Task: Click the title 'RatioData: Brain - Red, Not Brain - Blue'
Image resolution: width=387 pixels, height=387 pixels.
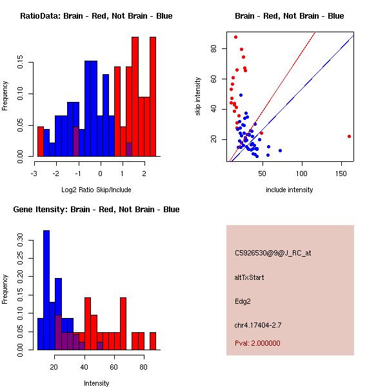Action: [96, 16]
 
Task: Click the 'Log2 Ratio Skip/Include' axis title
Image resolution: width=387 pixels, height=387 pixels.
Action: [95, 190]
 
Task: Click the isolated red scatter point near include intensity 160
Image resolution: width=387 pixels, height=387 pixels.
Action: [349, 136]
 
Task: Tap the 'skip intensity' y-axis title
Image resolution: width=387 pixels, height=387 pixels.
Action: [199, 97]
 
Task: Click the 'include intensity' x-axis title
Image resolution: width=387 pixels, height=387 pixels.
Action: [289, 190]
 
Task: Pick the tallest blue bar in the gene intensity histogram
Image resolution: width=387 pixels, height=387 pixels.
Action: [46, 290]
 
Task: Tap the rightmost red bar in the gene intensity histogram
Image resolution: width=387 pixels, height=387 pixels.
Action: [153, 341]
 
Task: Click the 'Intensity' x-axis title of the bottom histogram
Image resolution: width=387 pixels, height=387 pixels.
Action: [96, 383]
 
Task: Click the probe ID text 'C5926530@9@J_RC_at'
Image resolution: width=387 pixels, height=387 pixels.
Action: [273, 253]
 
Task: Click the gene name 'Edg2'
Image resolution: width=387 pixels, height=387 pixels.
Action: [243, 301]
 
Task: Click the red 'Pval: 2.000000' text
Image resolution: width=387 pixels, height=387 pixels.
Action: [257, 343]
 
